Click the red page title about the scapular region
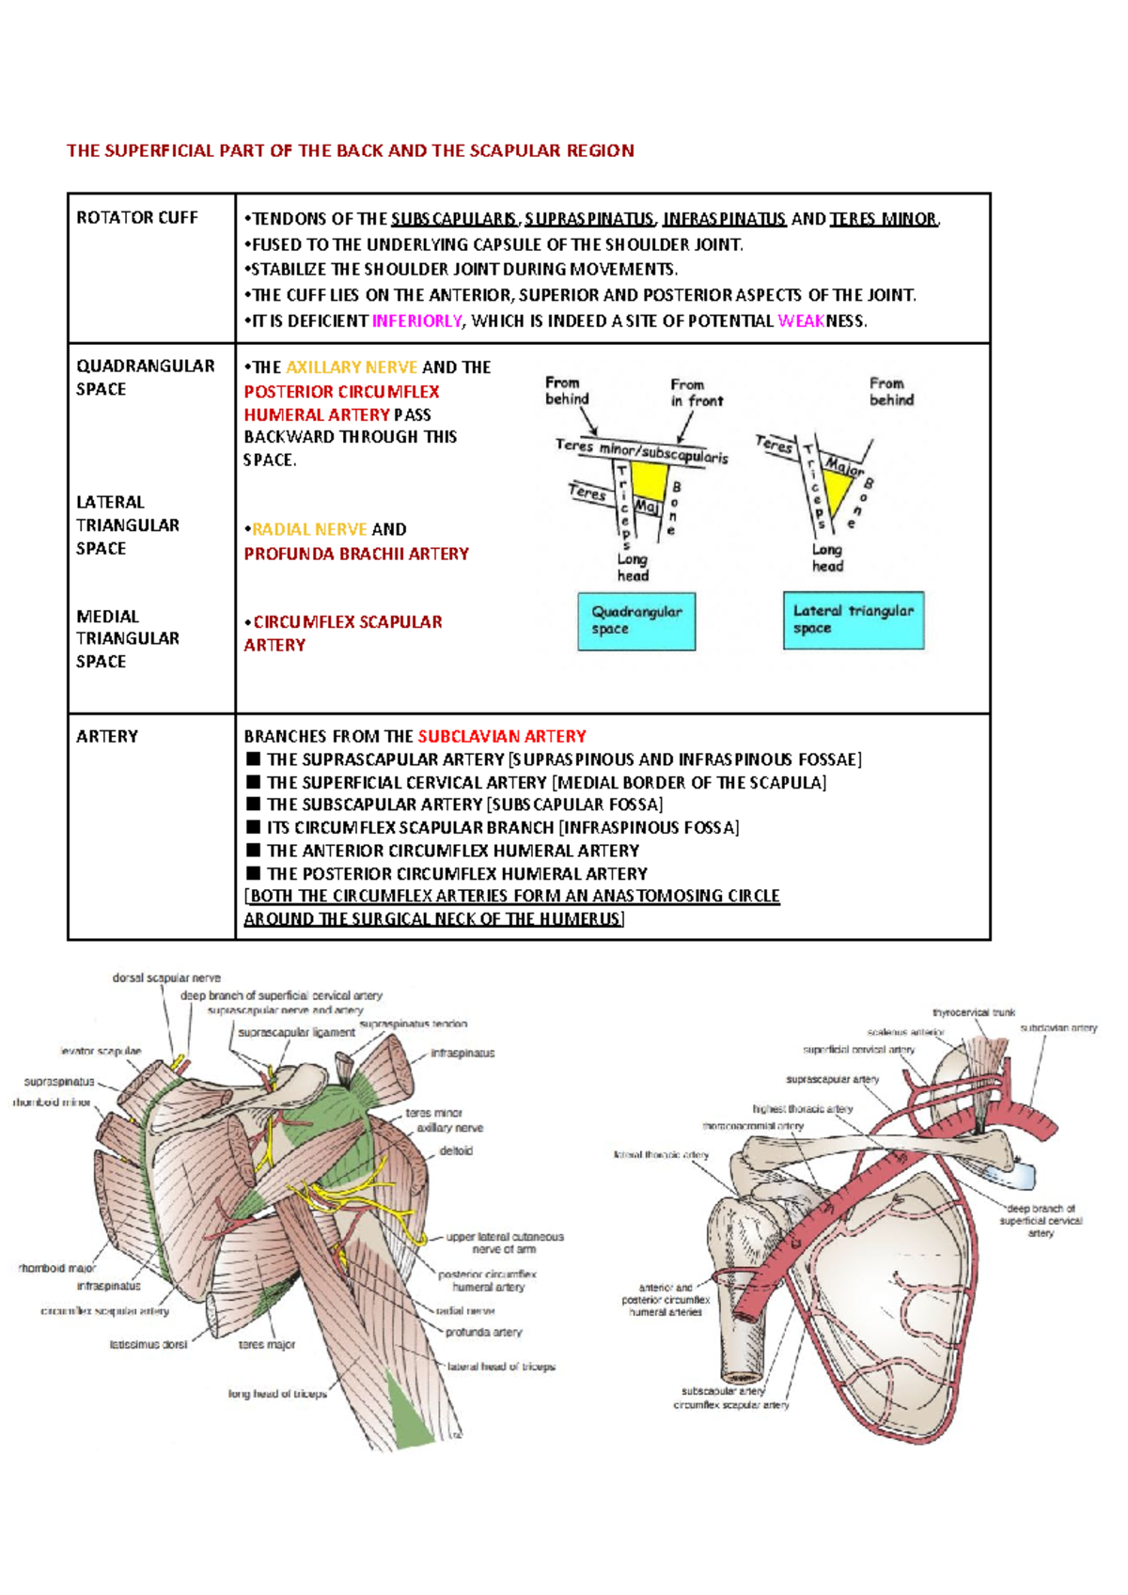click(350, 150)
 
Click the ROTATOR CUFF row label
click(136, 217)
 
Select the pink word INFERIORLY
click(416, 321)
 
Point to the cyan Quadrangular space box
click(636, 620)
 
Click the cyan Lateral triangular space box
click(853, 619)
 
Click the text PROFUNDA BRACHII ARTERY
click(356, 554)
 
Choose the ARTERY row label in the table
click(107, 736)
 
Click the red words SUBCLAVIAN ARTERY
click(502, 736)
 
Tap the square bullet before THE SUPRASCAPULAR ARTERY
click(253, 758)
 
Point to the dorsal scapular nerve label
click(166, 977)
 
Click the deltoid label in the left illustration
click(456, 1150)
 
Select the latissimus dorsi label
click(148, 1344)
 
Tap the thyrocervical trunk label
click(973, 1012)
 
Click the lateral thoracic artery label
click(661, 1154)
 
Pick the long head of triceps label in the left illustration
click(277, 1393)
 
